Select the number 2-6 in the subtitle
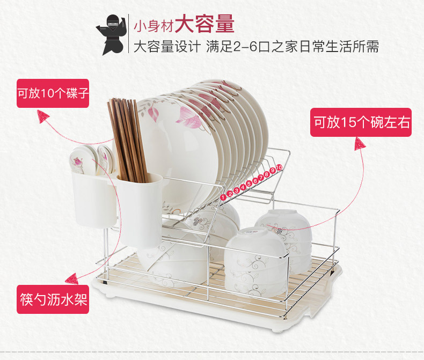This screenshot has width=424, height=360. click(x=248, y=47)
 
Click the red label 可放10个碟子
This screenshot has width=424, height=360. click(x=53, y=93)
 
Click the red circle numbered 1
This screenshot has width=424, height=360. click(x=223, y=196)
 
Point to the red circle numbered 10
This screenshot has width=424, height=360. click(x=279, y=168)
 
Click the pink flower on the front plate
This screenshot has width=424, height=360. click(x=188, y=115)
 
